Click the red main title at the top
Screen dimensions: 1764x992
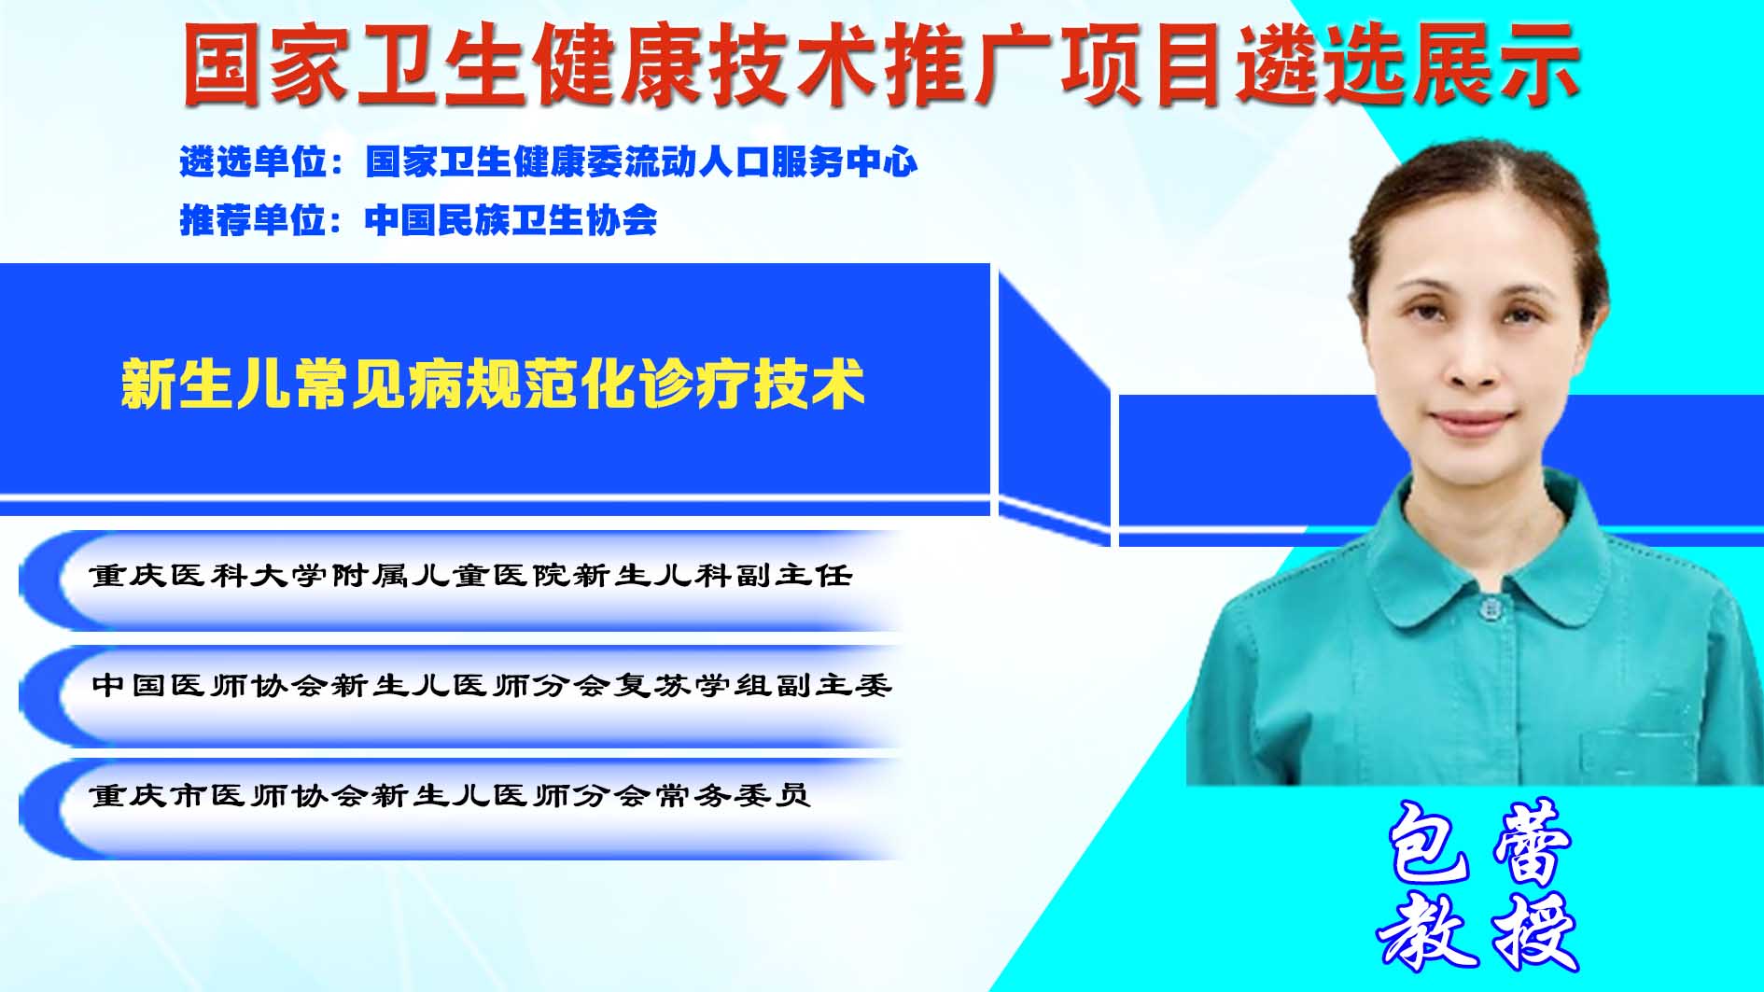pyautogui.click(x=881, y=63)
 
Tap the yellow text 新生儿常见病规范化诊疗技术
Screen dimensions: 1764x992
pyautogui.click(x=493, y=384)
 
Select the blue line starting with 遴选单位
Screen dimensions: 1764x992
pyautogui.click(x=549, y=162)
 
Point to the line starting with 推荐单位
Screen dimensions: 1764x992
pyautogui.click(x=418, y=220)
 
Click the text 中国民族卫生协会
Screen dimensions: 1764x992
pyautogui.click(x=511, y=220)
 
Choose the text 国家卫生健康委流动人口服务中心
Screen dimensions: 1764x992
pyautogui.click(x=642, y=162)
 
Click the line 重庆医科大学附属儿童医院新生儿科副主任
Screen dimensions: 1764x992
pyautogui.click(x=471, y=575)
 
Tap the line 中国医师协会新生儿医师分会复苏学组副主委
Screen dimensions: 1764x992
pyautogui.click(x=492, y=685)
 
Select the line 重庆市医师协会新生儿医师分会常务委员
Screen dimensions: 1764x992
pyautogui.click(x=450, y=795)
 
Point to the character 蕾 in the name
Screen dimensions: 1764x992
pyautogui.click(x=1533, y=843)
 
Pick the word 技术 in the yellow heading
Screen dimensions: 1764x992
pyautogui.click(x=809, y=384)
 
